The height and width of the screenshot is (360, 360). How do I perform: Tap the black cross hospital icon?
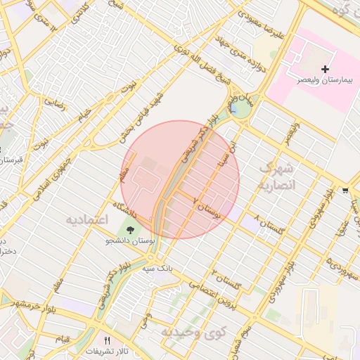point(325,69)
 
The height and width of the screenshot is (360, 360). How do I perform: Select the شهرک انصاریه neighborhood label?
point(274,177)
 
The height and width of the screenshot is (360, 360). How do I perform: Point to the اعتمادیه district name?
point(87,220)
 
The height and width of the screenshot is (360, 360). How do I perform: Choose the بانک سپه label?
point(176,269)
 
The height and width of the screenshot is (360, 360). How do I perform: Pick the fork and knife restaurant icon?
point(107,340)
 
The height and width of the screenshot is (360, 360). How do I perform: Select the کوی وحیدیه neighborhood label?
point(186,331)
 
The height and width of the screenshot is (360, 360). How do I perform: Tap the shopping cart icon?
point(345,190)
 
